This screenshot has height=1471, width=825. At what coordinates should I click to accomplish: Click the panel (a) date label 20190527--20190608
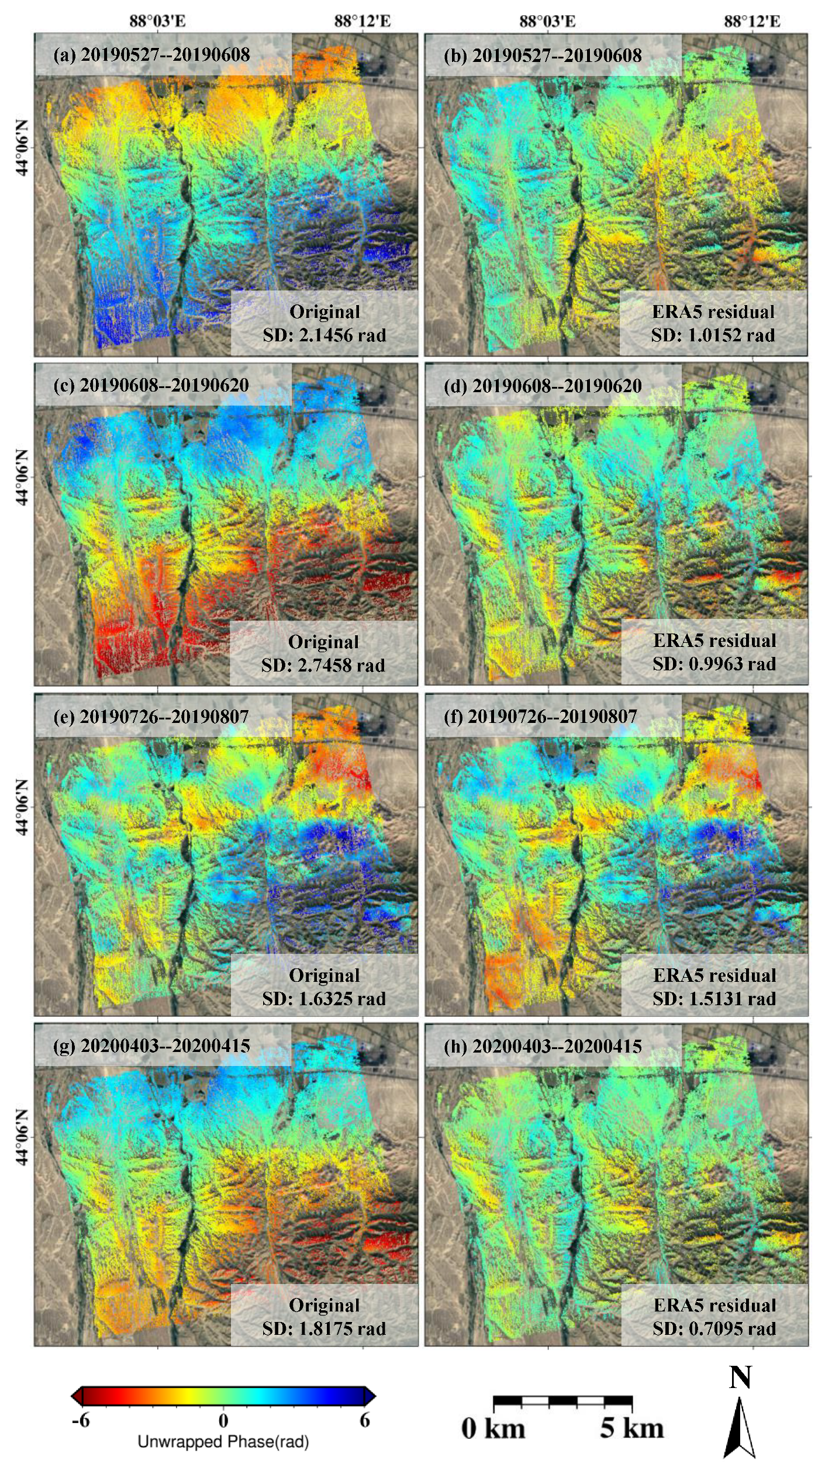pyautogui.click(x=151, y=55)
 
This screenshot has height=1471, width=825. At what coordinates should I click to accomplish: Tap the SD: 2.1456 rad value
pyautogui.click(x=324, y=335)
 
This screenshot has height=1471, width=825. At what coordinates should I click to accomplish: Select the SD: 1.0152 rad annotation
pyautogui.click(x=713, y=335)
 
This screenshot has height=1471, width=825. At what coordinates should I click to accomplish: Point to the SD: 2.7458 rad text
pyautogui.click(x=323, y=666)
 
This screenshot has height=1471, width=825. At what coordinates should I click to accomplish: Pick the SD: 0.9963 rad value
pyautogui.click(x=714, y=664)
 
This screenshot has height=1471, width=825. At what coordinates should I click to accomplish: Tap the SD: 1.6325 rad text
pyautogui.click(x=324, y=999)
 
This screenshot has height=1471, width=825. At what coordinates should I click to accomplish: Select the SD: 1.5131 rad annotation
pyautogui.click(x=714, y=999)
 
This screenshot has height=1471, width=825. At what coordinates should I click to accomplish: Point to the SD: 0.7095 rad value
pyautogui.click(x=714, y=1329)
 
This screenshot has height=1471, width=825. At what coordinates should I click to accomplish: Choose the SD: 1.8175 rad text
pyautogui.click(x=324, y=1329)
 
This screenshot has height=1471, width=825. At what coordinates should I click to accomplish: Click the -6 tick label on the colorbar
pyautogui.click(x=81, y=1420)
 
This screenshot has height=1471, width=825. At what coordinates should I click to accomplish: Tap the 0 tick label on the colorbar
pyautogui.click(x=223, y=1420)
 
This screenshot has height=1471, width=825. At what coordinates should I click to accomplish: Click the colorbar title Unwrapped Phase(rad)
pyautogui.click(x=223, y=1442)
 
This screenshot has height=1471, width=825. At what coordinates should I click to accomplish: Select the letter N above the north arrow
pyautogui.click(x=740, y=1379)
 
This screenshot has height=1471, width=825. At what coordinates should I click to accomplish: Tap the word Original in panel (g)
pyautogui.click(x=324, y=1306)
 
